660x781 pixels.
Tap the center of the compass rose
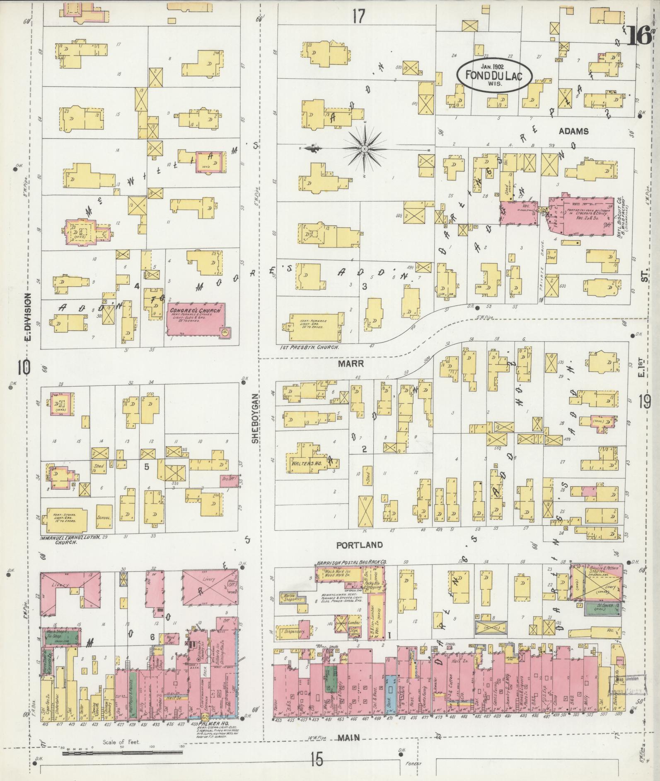coord(364,149)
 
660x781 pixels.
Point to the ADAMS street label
coord(573,131)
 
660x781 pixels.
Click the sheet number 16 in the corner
coord(639,36)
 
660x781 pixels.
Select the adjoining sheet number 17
coord(359,17)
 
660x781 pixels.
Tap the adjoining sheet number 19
coord(645,401)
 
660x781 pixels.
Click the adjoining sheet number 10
coord(24,367)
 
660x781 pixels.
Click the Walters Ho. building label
coord(304,464)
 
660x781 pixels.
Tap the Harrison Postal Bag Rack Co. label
coord(351,563)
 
